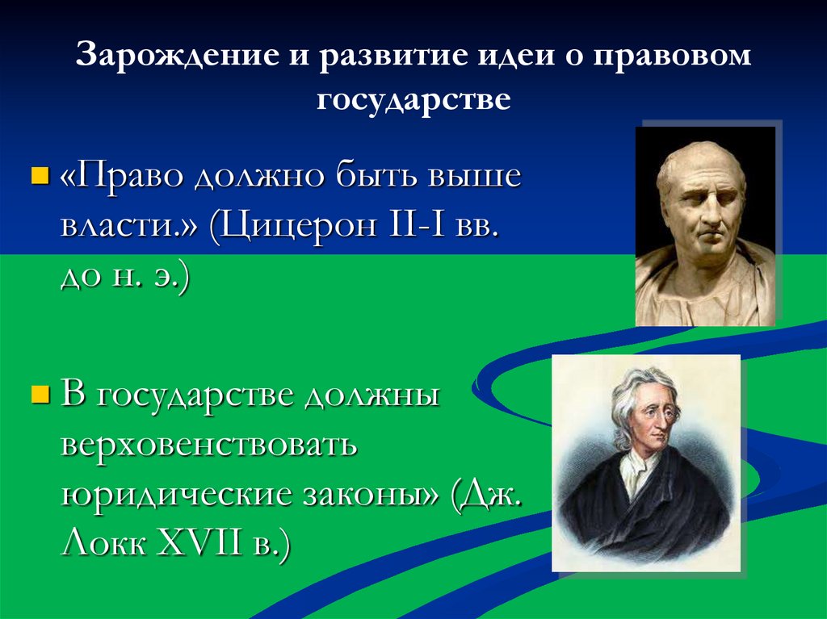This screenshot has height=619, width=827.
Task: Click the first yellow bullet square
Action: tap(37, 175)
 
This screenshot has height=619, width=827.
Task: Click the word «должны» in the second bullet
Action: tap(371, 397)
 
